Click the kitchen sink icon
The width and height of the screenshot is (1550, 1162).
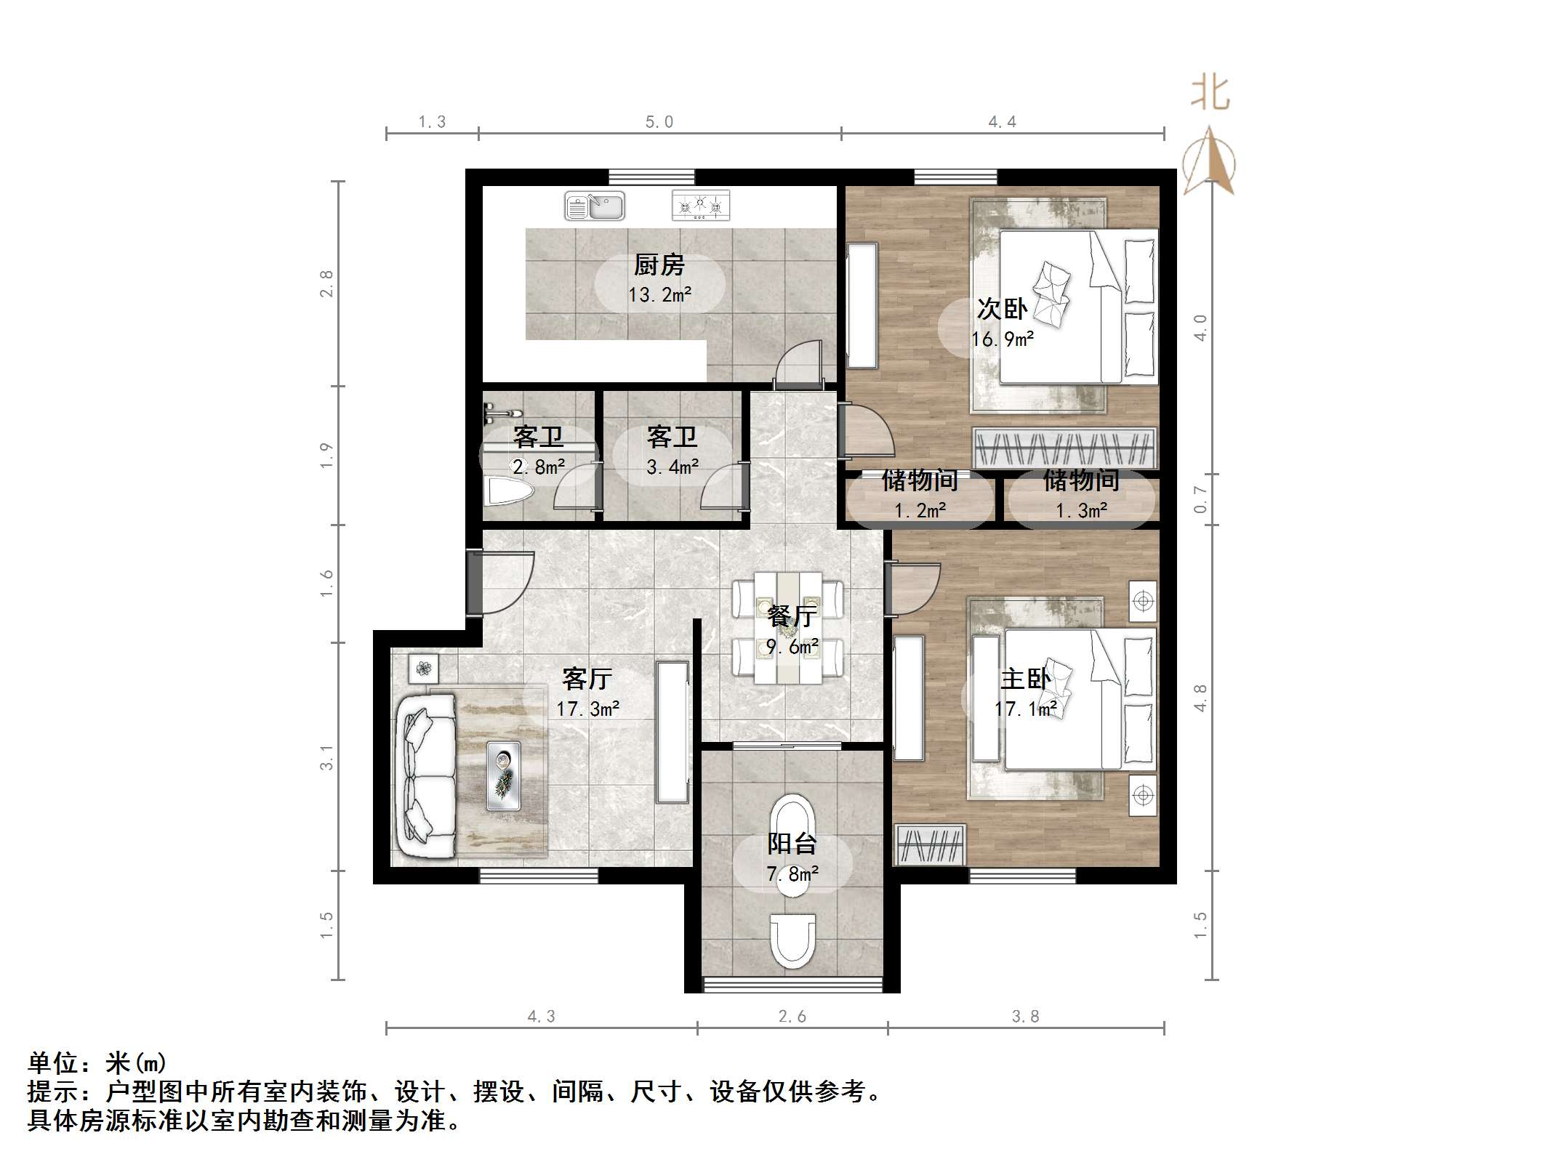[595, 206]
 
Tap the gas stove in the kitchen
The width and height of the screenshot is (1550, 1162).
[700, 206]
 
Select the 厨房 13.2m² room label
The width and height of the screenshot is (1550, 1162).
[659, 279]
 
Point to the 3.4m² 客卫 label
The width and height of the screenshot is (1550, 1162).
[672, 451]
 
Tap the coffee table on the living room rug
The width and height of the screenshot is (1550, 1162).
[503, 775]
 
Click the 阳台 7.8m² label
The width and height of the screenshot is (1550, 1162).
[792, 858]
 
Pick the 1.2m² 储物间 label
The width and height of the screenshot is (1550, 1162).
[920, 494]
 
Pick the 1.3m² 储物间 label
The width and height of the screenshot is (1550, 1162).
[1081, 494]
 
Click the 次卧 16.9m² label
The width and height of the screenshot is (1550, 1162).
[1003, 323]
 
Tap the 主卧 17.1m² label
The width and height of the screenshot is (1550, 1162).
[1025, 693]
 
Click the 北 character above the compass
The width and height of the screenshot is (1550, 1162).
[1210, 94]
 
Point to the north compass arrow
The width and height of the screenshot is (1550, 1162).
[1209, 161]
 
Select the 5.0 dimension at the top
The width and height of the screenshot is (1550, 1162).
[659, 122]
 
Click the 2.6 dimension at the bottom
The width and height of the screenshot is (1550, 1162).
[792, 1017]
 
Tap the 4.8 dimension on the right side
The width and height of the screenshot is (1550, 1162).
[1200, 698]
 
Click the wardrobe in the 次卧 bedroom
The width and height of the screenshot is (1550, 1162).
[1064, 448]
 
